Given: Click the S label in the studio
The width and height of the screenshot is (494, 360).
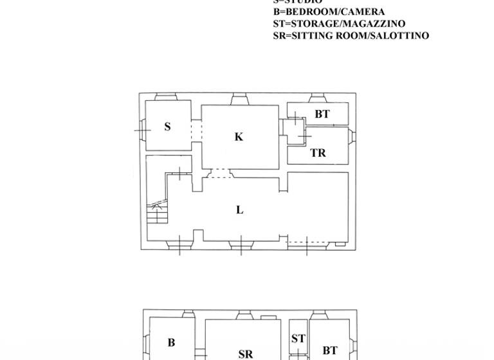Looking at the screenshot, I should coord(167,127).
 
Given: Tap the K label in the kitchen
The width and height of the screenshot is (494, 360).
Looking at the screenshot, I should coord(239,136).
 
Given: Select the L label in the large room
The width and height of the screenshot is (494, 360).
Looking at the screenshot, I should coord(240,210).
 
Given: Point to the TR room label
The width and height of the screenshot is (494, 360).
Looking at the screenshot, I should coord(318,153).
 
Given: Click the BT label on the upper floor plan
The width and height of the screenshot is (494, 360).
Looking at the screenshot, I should coord(322,114).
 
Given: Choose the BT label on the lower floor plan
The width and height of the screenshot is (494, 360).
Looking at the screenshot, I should coord(330,350).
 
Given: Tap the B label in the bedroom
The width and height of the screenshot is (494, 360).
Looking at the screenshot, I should coord(171,343).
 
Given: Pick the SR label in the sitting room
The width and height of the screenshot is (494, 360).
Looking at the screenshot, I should coord(245,354).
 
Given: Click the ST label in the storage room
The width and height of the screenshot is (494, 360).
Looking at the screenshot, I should coord(298,339).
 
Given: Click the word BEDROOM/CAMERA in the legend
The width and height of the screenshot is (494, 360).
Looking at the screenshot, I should coord(335,12).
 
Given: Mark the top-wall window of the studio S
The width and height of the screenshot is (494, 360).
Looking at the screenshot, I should coord(167,98).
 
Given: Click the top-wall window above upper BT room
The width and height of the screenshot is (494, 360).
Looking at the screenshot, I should coord(316,98).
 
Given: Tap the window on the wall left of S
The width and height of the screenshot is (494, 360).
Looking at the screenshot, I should coord(142,130).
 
